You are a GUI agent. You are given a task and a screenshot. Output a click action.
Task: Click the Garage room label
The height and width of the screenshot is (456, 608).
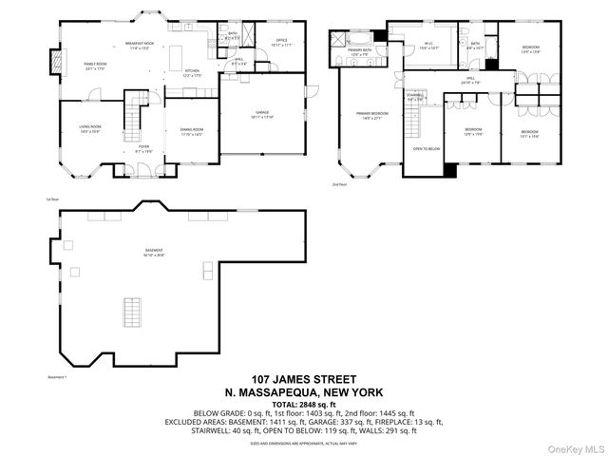pyautogui.click(x=262, y=114)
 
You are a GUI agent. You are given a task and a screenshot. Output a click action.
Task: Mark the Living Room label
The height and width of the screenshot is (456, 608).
pyautogui.click(x=88, y=128)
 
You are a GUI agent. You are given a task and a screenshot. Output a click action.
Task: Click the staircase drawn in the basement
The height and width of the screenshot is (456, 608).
pyautogui.click(x=128, y=311)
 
